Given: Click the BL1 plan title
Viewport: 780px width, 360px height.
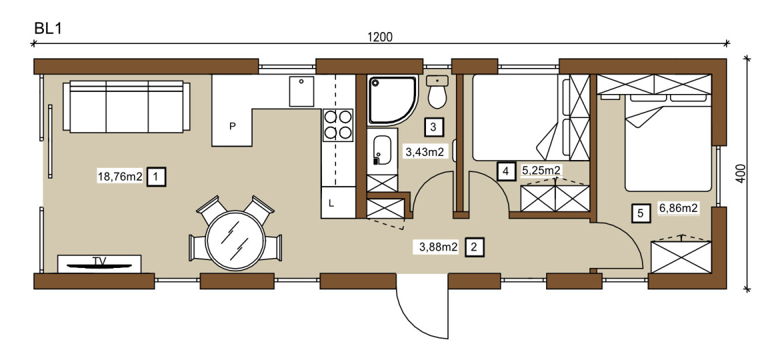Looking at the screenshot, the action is pyautogui.click(x=47, y=29).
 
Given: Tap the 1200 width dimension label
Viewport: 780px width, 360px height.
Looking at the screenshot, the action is pyautogui.click(x=379, y=37).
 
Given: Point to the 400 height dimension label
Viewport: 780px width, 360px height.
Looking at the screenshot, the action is pyautogui.click(x=741, y=173).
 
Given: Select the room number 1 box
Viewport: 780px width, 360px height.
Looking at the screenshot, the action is pyautogui.click(x=156, y=176).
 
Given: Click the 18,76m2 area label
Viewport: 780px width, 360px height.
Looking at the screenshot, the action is pyautogui.click(x=121, y=176).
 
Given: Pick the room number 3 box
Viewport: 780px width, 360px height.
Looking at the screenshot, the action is pyautogui.click(x=433, y=127).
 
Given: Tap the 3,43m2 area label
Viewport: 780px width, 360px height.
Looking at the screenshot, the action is pyautogui.click(x=424, y=152).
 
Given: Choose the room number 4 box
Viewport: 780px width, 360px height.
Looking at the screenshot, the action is pyautogui.click(x=506, y=172).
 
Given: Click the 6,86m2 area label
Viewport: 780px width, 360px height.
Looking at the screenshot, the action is pyautogui.click(x=679, y=209).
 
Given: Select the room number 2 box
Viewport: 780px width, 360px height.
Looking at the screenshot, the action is pyautogui.click(x=474, y=247).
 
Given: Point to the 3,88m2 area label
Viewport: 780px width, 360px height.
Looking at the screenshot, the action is pyautogui.click(x=435, y=247).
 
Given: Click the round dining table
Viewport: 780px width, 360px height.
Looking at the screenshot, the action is pyautogui.click(x=236, y=241).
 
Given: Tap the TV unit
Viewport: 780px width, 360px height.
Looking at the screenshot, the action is pyautogui.click(x=99, y=263).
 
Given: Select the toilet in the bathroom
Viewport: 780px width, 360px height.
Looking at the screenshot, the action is pyautogui.click(x=438, y=92).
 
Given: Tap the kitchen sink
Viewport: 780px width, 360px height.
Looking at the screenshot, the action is pyautogui.click(x=302, y=91).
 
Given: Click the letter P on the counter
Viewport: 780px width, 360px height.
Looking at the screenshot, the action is pyautogui.click(x=232, y=126).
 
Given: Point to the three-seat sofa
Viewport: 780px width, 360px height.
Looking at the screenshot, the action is pyautogui.click(x=127, y=107).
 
